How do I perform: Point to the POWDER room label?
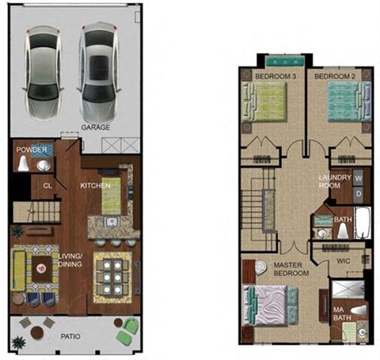[31, 148]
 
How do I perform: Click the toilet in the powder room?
[25, 165]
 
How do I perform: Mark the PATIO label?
[72, 336]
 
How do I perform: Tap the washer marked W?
[358, 177]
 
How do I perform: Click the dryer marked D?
[358, 193]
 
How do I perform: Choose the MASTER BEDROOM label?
[291, 269]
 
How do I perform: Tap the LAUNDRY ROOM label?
[334, 182]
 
